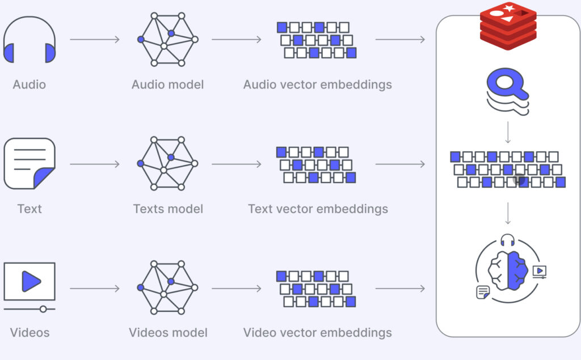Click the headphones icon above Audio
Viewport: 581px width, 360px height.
coord(30,41)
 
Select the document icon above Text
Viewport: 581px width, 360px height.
coord(30,163)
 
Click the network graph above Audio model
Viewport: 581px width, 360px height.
coord(167,39)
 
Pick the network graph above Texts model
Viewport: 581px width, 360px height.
coord(167,163)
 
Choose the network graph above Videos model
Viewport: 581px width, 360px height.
coord(167,287)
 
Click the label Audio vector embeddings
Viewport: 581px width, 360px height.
coord(317,85)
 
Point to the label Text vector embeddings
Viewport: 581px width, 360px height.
coord(318,209)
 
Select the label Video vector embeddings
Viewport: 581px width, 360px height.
coord(317,332)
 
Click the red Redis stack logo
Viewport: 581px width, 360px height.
coord(508,26)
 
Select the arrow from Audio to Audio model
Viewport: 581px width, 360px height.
coord(95,39)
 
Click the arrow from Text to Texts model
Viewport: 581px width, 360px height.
coord(95,164)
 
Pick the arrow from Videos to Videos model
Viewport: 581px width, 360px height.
coord(95,288)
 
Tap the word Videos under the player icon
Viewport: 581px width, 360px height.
coord(30,332)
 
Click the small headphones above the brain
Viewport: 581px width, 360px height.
coord(507,239)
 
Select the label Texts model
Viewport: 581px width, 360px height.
coord(168,209)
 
